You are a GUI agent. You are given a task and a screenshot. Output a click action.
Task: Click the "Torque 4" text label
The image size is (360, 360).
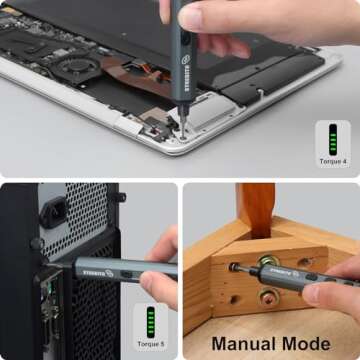click(x=332, y=159)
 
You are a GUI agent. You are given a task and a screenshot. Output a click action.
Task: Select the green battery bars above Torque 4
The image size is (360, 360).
click(x=332, y=137)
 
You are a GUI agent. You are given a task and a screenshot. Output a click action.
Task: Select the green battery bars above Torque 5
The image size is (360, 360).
click(x=152, y=322)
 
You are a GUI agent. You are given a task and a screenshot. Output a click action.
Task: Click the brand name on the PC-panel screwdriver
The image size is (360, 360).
click(x=96, y=268)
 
